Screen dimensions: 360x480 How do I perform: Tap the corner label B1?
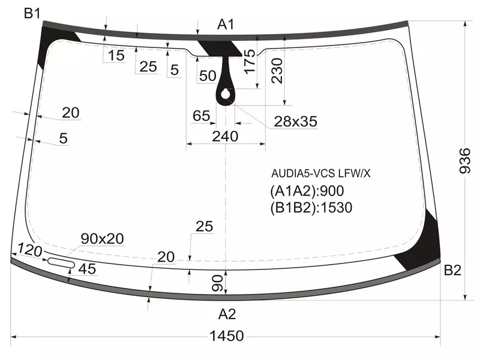pyautogui.click(x=32, y=13)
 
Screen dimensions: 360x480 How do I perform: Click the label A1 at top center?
pyautogui.click(x=226, y=24)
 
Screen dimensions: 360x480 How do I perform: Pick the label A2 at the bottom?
pyautogui.click(x=226, y=314)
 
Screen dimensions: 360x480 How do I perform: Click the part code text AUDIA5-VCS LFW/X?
pyautogui.click(x=321, y=174)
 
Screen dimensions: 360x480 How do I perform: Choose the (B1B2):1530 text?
pyautogui.click(x=311, y=208)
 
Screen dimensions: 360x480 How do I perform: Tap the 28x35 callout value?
pyautogui.click(x=295, y=122)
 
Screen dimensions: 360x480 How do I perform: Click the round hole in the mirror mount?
pyautogui.click(x=226, y=94)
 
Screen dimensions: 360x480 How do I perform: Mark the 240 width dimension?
pyautogui.click(x=225, y=136)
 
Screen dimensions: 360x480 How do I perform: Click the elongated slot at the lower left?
pyautogui.click(x=59, y=262)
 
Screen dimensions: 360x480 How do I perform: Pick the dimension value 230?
pyautogui.click(x=277, y=73)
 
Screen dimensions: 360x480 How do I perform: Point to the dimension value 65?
pyautogui.click(x=202, y=116)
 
